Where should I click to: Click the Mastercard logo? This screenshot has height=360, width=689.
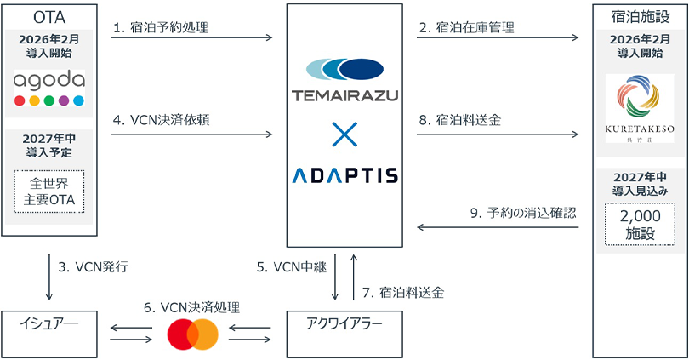click(193, 334)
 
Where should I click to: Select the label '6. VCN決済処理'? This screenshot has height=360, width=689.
click(192, 306)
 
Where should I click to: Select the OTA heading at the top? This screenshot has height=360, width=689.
click(49, 15)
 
